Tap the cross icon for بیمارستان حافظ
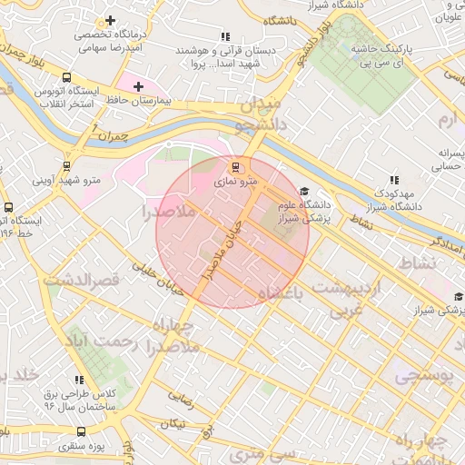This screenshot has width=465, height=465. point(138,87)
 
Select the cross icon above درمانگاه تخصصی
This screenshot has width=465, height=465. point(110,20)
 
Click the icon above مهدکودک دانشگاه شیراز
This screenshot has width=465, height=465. point(392,180)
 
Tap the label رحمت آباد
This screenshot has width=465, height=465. point(97,341)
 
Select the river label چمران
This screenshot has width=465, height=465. point(107,137)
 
